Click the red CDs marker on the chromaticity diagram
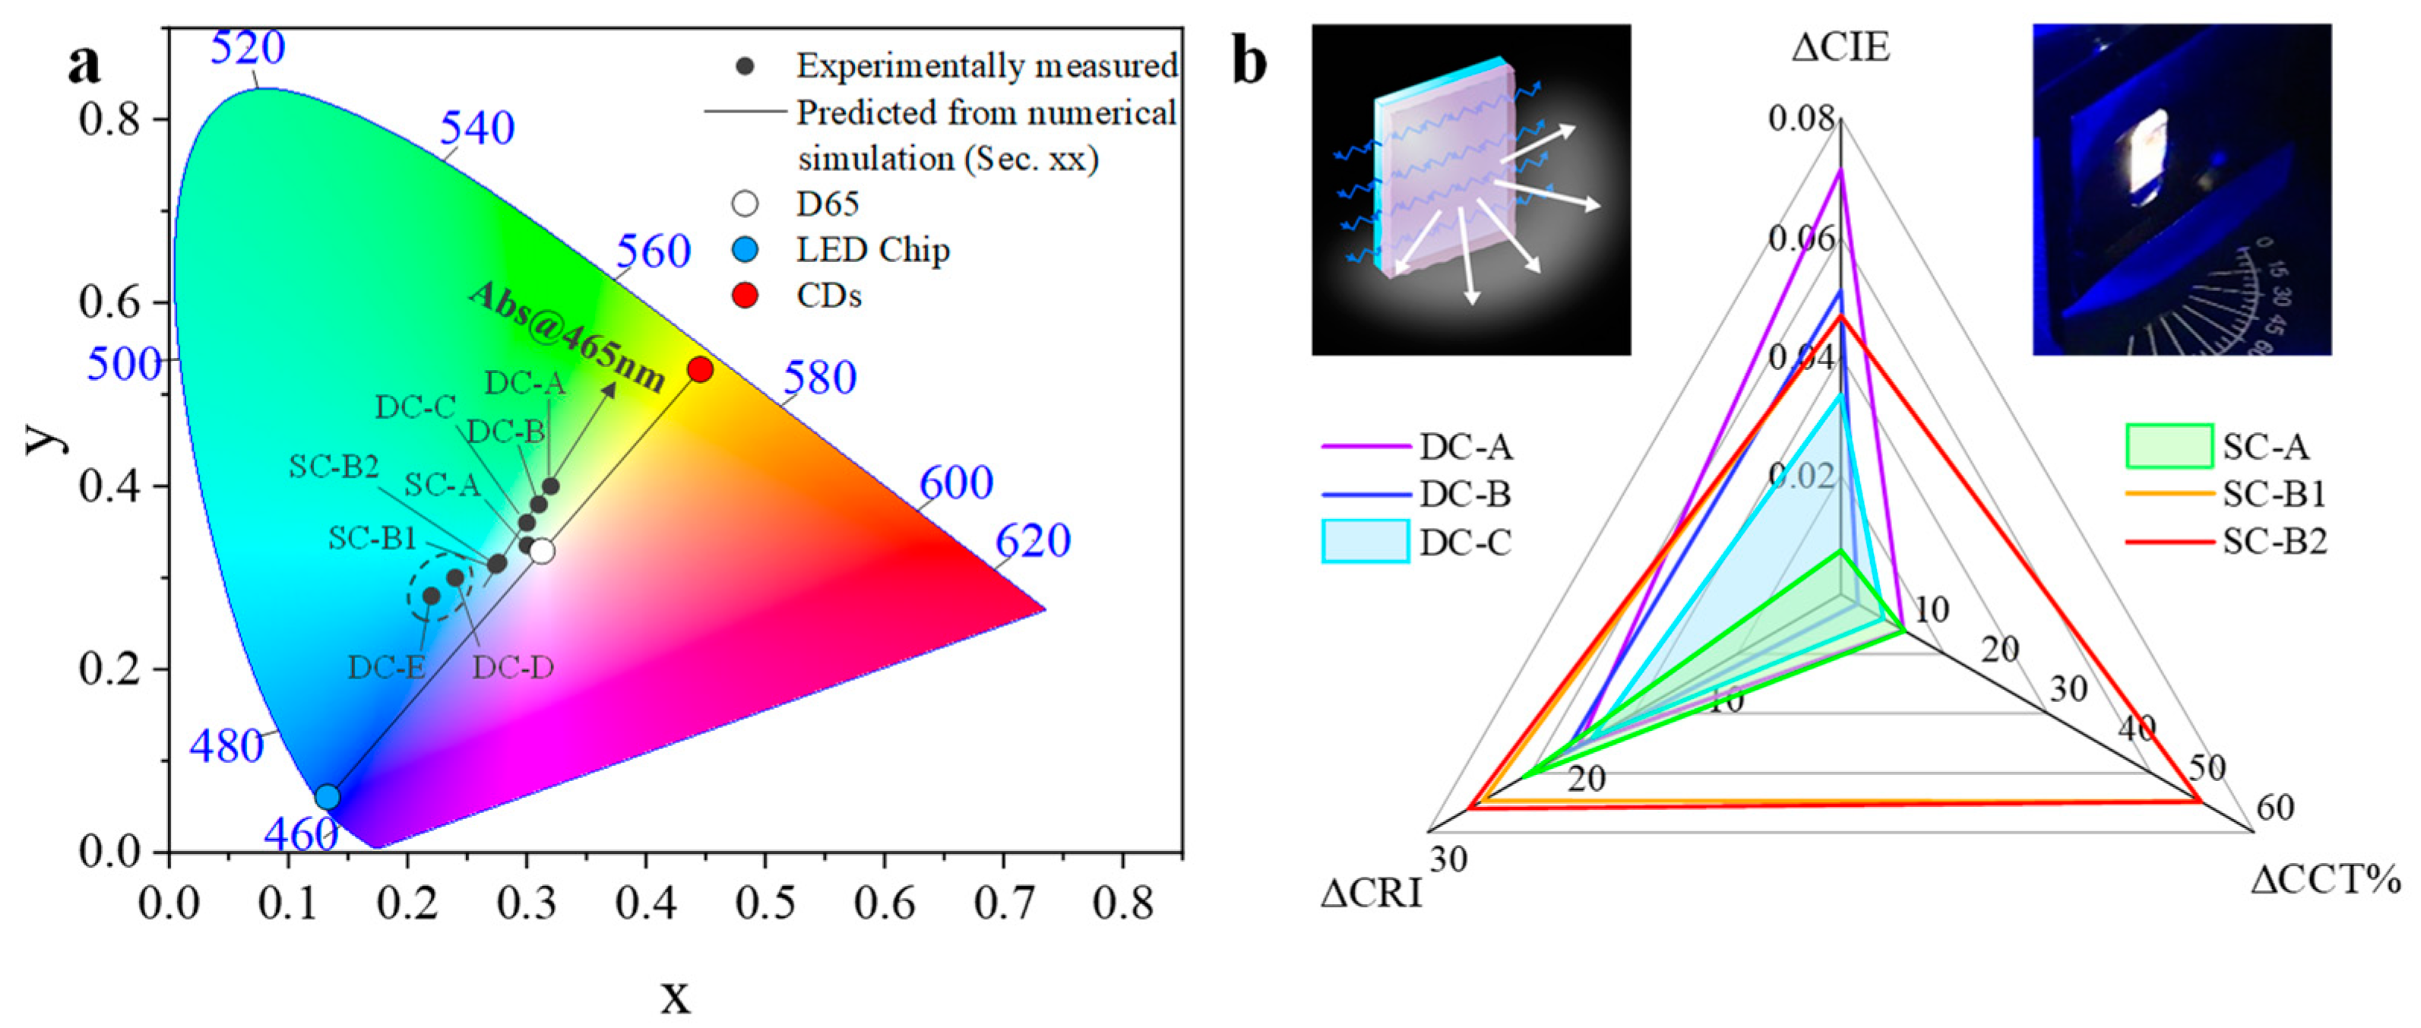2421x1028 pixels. pos(699,369)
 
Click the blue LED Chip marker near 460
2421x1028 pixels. pos(327,797)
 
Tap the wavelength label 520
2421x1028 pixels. pos(247,47)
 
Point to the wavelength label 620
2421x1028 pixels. pos(1032,540)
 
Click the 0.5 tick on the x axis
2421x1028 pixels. pos(764,903)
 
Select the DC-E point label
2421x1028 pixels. pos(386,667)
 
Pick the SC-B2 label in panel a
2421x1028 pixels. pos(333,466)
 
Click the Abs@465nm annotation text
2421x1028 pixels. pos(566,337)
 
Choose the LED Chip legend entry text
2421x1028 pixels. pos(872,250)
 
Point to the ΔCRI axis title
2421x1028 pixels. pos(1370,894)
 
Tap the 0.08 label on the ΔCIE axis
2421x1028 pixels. pos(1801,119)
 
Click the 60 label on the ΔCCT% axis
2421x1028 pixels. pos(2274,807)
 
